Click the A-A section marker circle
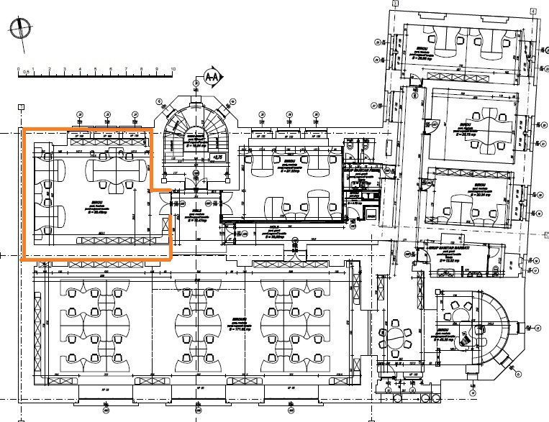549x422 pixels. click(x=212, y=75)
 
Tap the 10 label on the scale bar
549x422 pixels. click(x=173, y=69)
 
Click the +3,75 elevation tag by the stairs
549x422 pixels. click(x=214, y=156)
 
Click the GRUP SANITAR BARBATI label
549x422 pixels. click(x=448, y=247)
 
